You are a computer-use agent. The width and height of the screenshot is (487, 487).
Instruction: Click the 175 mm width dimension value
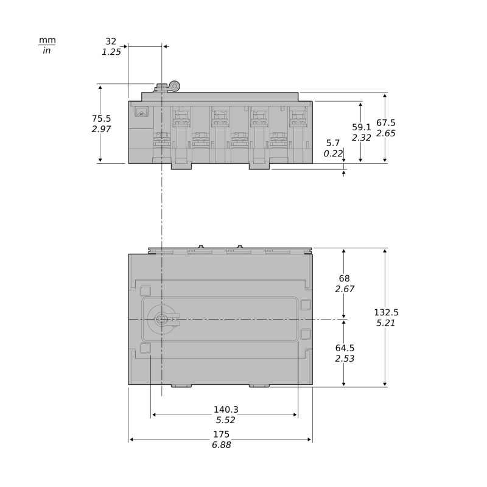point(221,434)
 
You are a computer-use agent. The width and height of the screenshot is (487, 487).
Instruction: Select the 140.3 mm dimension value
point(226,409)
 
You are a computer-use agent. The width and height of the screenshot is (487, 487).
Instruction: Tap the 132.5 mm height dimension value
point(386,312)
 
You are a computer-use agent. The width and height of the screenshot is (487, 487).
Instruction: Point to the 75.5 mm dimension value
point(101,118)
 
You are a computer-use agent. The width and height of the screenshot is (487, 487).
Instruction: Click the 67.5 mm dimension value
point(386,123)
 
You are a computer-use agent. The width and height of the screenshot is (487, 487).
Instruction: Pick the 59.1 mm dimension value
point(362,127)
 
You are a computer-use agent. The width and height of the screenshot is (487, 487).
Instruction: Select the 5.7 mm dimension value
point(333,143)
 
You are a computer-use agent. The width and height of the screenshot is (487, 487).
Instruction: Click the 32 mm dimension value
point(111,41)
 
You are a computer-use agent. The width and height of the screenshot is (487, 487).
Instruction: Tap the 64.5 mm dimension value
point(345,348)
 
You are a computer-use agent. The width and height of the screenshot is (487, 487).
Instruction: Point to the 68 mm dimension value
point(345,278)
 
